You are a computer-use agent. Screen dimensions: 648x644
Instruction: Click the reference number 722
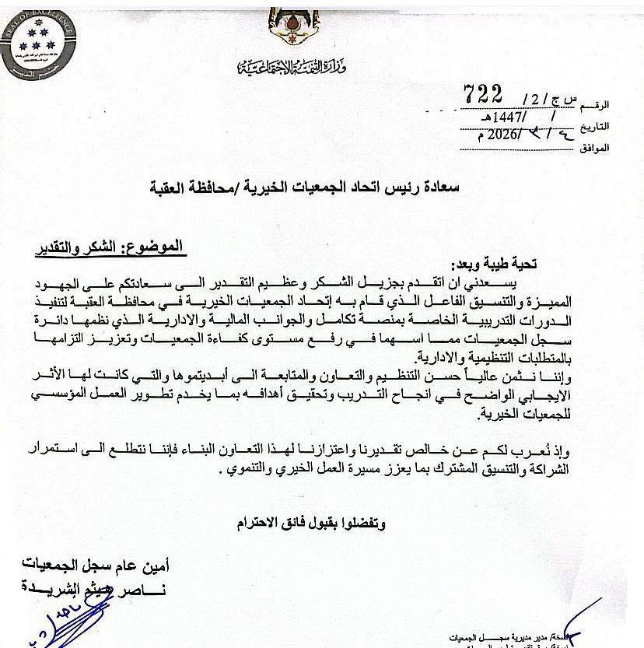(484, 93)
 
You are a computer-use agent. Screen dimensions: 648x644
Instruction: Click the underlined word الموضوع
(156, 247)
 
